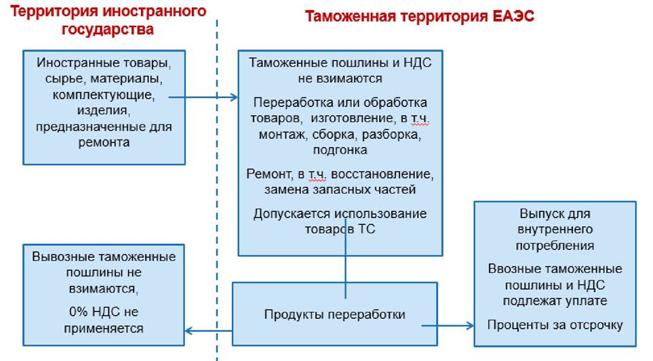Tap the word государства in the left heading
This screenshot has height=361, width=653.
(x=107, y=30)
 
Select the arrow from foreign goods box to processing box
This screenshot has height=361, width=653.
(x=203, y=98)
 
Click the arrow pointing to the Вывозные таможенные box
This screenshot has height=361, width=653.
(x=208, y=331)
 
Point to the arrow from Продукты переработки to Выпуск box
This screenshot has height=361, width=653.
(x=448, y=326)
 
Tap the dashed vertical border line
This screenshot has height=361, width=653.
(x=217, y=189)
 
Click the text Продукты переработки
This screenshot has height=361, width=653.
(x=334, y=314)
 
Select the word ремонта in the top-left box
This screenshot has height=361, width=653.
(x=104, y=143)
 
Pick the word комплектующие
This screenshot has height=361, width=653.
(x=104, y=95)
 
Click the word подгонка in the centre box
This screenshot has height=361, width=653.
(x=340, y=150)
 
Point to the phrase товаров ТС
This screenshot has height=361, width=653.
(x=340, y=229)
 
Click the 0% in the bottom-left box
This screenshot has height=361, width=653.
(x=78, y=312)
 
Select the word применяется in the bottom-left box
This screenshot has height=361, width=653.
(x=104, y=328)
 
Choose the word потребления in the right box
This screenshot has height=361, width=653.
(x=555, y=246)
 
